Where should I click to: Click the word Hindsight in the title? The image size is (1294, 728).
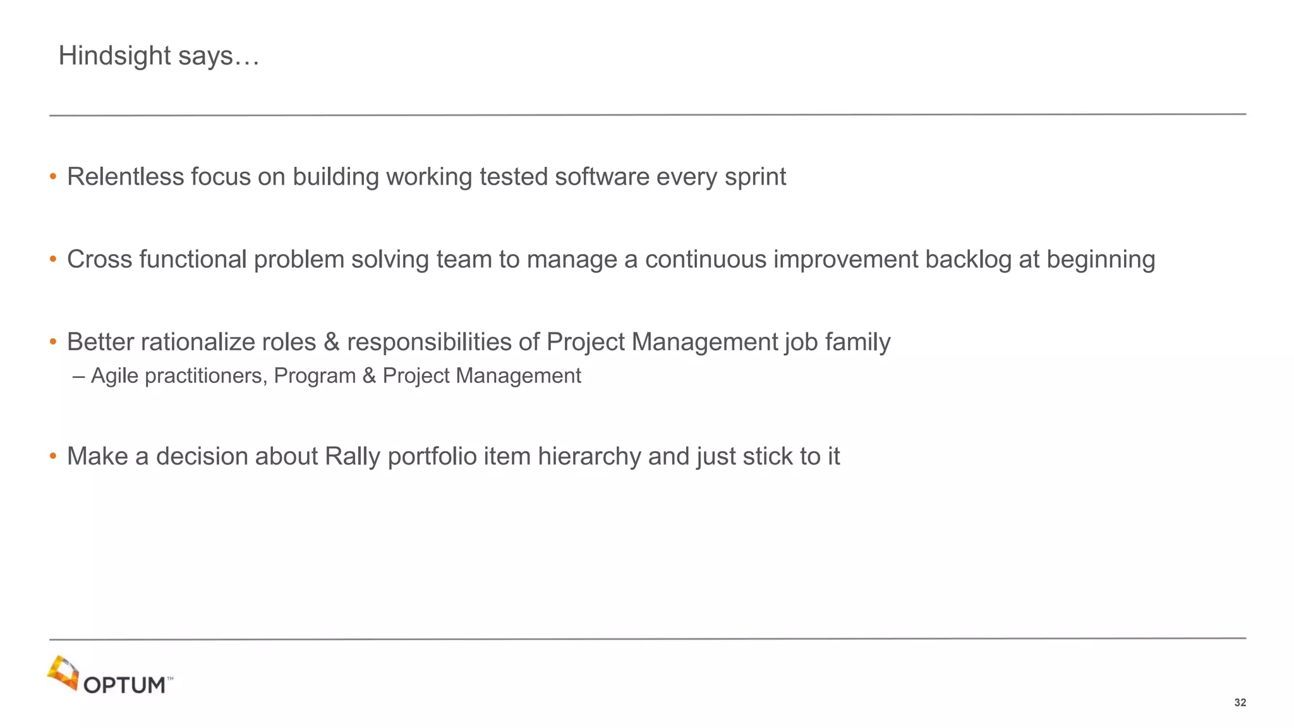point(114,56)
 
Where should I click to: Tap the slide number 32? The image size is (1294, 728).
point(1240,703)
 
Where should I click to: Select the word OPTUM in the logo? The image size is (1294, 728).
point(124,686)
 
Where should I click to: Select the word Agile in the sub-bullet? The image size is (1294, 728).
point(114,377)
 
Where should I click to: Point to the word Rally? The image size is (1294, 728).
point(352,457)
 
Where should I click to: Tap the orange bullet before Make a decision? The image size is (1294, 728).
point(53,456)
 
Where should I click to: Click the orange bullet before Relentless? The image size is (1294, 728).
point(53,177)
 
